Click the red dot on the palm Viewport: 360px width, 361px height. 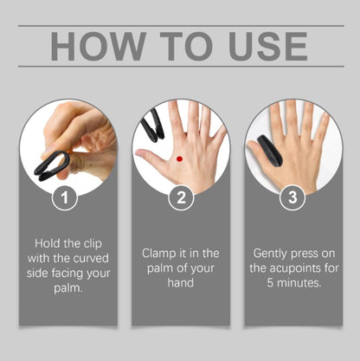178,158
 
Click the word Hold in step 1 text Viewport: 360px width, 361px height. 49,243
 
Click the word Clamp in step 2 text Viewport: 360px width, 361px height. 161,253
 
